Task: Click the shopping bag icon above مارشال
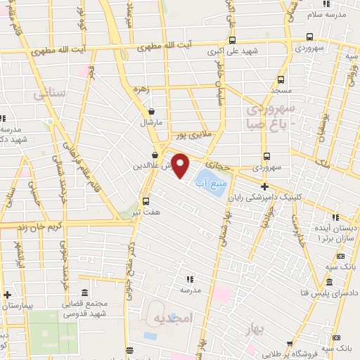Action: pyautogui.click(x=150, y=111)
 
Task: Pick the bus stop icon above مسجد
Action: pyautogui.click(x=281, y=79)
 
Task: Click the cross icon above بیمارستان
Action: pyautogui.click(x=7, y=295)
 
